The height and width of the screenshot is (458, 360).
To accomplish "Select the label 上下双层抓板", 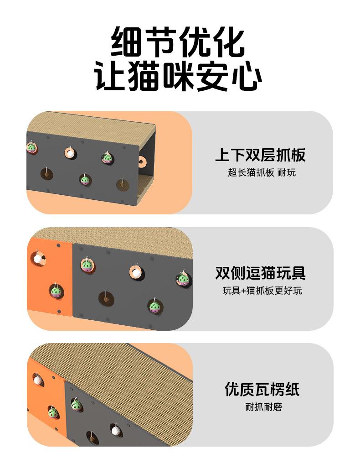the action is coord(260,155).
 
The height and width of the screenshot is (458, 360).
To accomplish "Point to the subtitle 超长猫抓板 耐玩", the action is coord(262,172).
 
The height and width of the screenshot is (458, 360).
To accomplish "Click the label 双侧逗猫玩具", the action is coord(260,273).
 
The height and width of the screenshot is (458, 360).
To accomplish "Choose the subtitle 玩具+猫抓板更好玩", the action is coord(262,291).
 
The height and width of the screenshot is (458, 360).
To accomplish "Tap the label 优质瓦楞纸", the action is coord(262,390).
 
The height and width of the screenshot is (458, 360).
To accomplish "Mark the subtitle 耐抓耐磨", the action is coord(263,407).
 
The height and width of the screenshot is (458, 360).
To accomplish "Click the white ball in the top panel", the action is coord(70,153).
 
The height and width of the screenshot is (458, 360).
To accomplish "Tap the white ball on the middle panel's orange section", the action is coord(38,259).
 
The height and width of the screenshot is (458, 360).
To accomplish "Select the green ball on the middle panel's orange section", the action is coord(56,291).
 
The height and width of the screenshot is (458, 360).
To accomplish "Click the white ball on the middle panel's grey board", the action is coord(136,272).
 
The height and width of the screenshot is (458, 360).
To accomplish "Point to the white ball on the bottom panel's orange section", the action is coord(38,380).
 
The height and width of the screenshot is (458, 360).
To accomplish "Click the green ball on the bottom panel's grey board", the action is coord(76,405).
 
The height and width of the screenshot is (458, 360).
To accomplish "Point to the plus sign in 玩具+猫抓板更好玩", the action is coord(244,291).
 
